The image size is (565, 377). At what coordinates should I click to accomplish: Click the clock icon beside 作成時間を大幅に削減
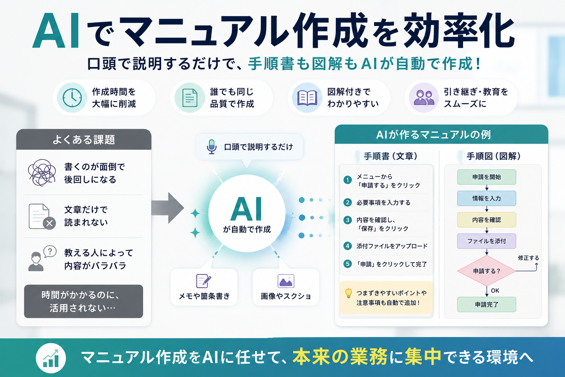pos(72,98)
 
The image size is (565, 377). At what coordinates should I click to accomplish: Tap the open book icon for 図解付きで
pos(307,98)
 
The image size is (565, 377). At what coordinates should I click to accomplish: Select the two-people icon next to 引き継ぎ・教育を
pos(424,98)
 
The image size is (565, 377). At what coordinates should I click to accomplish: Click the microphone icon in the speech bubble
pos(212,147)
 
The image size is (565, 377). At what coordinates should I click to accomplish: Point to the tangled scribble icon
pos(42,173)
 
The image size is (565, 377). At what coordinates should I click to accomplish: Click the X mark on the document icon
pos(49,223)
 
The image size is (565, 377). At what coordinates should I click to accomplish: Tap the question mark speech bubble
pos(50,251)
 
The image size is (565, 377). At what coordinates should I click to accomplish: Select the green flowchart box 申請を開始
pos(487,177)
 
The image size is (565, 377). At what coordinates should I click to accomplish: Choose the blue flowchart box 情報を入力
pos(487,198)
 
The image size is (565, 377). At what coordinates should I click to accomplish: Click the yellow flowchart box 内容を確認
pos(487,220)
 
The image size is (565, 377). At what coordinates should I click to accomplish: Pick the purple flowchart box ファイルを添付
pos(487,241)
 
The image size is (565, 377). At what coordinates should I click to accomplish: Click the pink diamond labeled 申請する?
pos(487,271)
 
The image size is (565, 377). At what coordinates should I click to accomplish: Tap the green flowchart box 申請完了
pos(487,304)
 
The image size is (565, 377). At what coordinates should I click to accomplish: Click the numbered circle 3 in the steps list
pos(348,220)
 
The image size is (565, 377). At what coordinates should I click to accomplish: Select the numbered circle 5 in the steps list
pos(348,264)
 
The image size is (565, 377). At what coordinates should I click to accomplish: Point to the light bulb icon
pos(348,293)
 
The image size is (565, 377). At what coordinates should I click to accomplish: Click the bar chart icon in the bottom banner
pos(51,358)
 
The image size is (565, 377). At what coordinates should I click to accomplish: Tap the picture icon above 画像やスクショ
pos(286,281)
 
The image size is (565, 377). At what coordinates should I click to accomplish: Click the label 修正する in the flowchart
pos(529,258)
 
